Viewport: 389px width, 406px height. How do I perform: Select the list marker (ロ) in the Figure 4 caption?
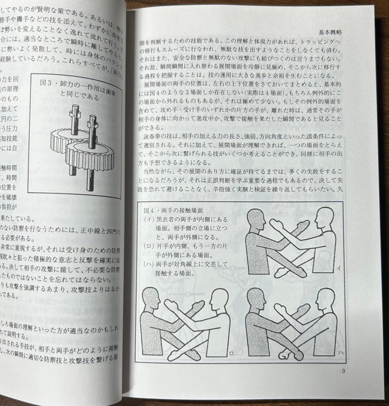[149, 247]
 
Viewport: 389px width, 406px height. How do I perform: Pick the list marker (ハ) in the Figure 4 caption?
[149, 264]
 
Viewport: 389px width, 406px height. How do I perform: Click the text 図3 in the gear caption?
[46, 83]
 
